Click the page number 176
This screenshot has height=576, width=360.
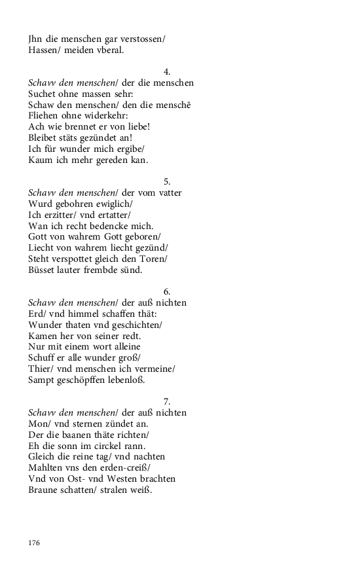click(x=34, y=543)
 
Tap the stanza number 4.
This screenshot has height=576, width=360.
click(x=166, y=71)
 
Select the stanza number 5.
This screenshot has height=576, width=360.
click(x=166, y=181)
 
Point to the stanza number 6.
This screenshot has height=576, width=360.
click(x=166, y=291)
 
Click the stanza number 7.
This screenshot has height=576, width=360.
click(x=166, y=401)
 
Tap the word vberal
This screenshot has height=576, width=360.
click(x=109, y=50)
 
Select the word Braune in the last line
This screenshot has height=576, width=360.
click(x=44, y=490)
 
